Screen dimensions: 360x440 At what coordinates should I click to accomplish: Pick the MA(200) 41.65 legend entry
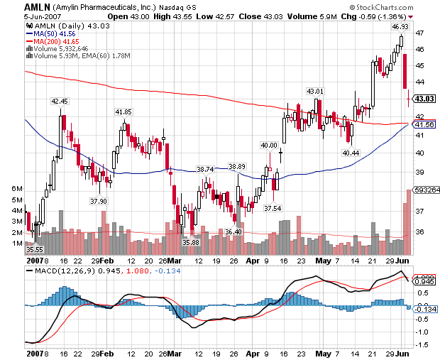pos(51,41)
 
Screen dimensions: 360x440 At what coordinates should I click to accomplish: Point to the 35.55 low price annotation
pos(34,249)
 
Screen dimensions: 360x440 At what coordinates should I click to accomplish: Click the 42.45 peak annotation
pos(60,102)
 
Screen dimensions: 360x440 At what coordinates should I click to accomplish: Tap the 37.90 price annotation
pos(99,201)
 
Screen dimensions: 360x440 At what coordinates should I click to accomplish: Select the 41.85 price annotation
pos(123,111)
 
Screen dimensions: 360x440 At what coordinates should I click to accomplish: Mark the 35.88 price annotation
pos(191,243)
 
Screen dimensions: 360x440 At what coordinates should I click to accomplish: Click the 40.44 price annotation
pos(351,152)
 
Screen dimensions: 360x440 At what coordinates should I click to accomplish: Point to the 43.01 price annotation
pos(314,91)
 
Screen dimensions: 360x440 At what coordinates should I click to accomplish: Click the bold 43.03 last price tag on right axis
pos(424,98)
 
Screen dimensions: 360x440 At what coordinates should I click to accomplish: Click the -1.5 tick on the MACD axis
pos(421,344)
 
